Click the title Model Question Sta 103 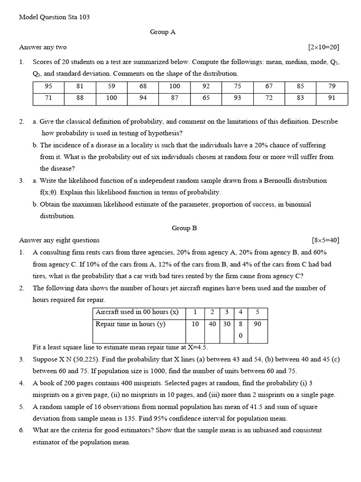pyautogui.click(x=54, y=17)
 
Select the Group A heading pyautogui.click(x=163, y=32)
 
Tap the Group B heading pyautogui.click(x=184, y=228)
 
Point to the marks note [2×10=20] pyautogui.click(x=323, y=47)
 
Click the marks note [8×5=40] pyautogui.click(x=325, y=240)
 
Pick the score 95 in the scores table pyautogui.click(x=48, y=86)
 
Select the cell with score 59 pyautogui.click(x=111, y=86)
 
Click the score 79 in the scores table pyautogui.click(x=332, y=86)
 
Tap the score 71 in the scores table pyautogui.click(x=48, y=98)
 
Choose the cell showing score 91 pyautogui.click(x=332, y=98)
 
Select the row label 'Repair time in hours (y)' pyautogui.click(x=130, y=324)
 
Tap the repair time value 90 pyautogui.click(x=258, y=324)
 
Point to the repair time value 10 pyautogui.click(x=196, y=324)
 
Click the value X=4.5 pyautogui.click(x=198, y=347)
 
